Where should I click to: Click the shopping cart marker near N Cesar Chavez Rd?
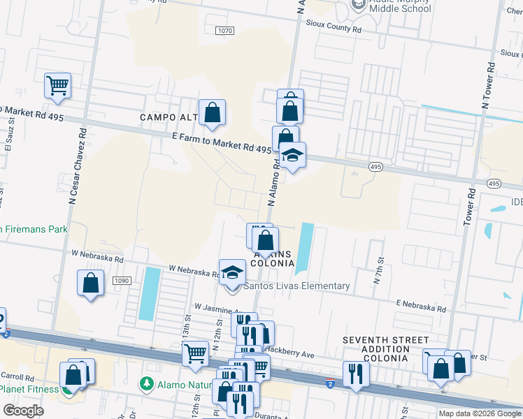58,86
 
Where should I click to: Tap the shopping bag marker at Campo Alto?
213,112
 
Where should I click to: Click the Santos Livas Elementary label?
296,286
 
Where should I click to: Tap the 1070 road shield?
224,31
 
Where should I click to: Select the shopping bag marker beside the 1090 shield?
90,284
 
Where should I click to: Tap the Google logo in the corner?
24,410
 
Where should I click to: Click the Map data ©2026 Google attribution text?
480,413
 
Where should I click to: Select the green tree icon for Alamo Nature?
147,383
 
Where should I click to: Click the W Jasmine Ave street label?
217,307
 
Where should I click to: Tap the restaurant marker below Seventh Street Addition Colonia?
356,374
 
